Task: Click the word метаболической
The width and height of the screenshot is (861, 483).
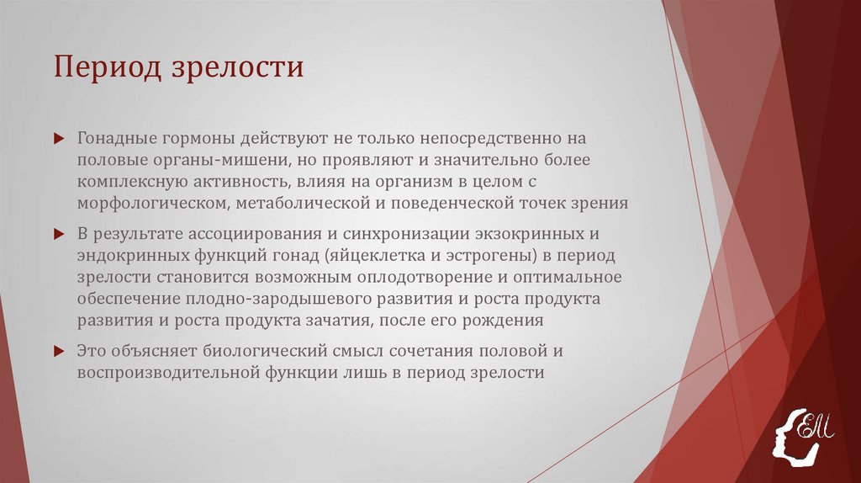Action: (x=301, y=203)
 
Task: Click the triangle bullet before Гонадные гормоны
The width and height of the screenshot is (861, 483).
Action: (x=58, y=136)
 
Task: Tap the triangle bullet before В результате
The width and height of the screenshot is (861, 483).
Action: (x=58, y=233)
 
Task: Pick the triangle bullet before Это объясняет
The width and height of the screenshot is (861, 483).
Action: (x=58, y=351)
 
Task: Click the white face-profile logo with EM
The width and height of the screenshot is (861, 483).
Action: (x=802, y=433)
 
